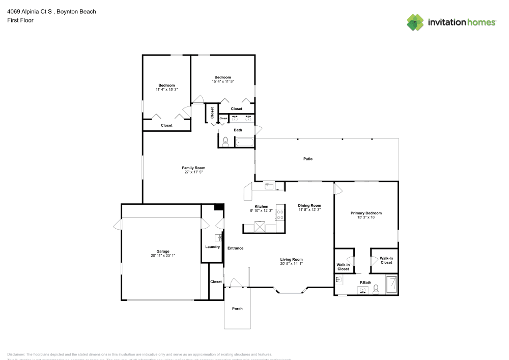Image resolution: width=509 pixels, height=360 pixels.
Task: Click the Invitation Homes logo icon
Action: (415, 22)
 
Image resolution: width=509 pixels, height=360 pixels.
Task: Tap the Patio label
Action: (308, 159)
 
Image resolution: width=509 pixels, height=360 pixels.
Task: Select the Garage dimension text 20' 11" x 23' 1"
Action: (163, 256)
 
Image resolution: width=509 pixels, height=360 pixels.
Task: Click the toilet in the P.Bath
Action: (376, 290)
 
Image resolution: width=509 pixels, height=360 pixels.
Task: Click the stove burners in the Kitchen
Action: (279, 215)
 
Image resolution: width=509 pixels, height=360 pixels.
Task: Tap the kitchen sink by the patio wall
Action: (268, 186)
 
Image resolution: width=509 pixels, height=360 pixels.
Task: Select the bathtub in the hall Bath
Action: (244, 143)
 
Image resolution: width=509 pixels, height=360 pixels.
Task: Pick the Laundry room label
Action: (212, 247)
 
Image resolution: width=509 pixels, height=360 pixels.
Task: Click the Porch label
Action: (237, 309)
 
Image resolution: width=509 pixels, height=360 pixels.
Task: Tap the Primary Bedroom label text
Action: (366, 213)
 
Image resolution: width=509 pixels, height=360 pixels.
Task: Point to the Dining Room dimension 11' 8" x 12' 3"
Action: (309, 210)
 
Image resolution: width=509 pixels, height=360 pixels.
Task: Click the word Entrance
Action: (235, 248)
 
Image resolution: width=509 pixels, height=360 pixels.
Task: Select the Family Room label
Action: (193, 168)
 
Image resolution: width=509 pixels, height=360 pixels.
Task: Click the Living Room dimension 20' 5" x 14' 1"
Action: (291, 263)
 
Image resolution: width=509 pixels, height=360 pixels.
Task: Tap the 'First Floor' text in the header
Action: (20, 20)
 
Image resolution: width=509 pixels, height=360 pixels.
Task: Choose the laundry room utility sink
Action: (218, 237)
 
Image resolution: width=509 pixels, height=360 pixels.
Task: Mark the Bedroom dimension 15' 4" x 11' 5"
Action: (222, 81)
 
